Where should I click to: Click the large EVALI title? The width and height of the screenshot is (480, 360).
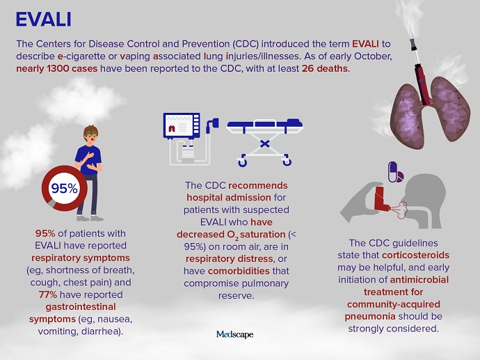click(x=43, y=19)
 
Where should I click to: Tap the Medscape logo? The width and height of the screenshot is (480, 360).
click(x=235, y=334)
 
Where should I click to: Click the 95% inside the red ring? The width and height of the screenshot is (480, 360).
click(x=64, y=189)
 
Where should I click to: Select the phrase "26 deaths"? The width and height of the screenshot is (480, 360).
click(x=325, y=68)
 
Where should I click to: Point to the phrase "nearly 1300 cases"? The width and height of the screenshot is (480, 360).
click(x=56, y=68)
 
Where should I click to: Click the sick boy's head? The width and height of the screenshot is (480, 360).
click(x=91, y=134)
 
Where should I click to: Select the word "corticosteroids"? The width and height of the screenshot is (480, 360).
click(x=416, y=256)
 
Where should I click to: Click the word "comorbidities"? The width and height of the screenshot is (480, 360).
click(x=239, y=271)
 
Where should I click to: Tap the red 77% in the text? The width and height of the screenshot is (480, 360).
click(x=48, y=295)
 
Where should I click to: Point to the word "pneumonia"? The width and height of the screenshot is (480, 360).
click(x=370, y=317)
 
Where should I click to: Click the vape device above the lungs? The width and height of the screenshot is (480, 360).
click(x=419, y=72)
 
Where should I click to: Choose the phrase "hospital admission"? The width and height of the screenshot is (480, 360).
click(x=229, y=198)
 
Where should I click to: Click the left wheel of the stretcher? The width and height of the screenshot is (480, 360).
click(x=242, y=162)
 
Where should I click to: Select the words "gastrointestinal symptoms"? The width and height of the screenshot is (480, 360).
click(x=72, y=313)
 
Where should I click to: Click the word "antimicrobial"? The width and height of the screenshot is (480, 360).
click(x=419, y=280)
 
